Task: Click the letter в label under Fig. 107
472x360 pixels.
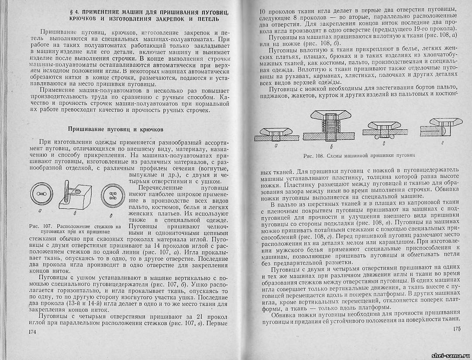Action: pos(111,216)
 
